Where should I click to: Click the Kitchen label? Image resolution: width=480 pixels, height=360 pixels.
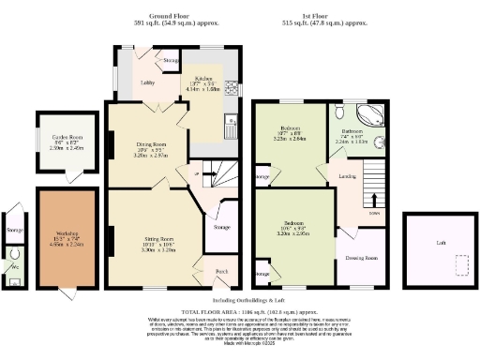coord(203,79)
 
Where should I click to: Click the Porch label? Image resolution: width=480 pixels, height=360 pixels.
coord(221,271)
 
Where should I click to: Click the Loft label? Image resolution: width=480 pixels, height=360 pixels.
coord(441,241)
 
